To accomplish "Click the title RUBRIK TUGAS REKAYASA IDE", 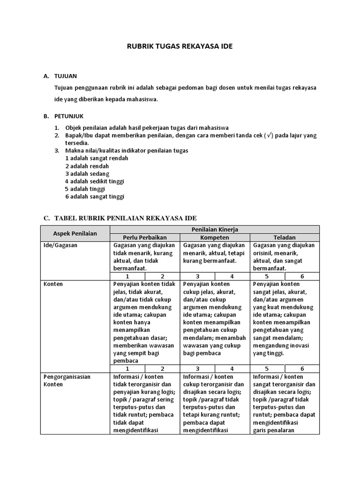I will pos(180,46).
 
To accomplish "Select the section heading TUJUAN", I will pos(66,75).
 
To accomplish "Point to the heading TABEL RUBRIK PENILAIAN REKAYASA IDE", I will pos(126,218).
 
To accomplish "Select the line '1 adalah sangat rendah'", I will pos(97,158).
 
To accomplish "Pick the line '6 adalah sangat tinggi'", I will pos(95,196).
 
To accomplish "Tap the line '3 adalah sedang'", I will pos(87,173).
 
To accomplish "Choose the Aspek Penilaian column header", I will pos(75,233).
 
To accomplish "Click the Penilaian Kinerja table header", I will pos(215,229).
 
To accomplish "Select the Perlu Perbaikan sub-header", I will pos(144,237).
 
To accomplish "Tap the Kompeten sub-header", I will pos(215,237).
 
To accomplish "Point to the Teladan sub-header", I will pos(285,237).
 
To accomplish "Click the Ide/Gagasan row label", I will pos(60,245).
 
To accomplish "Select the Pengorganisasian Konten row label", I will pos(67,380).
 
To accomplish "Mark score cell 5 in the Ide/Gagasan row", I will pos(267,277).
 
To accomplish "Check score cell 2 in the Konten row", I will pos(162,369).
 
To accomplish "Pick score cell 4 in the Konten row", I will pos(232,369).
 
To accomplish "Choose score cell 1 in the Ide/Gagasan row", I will pos(127,277).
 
